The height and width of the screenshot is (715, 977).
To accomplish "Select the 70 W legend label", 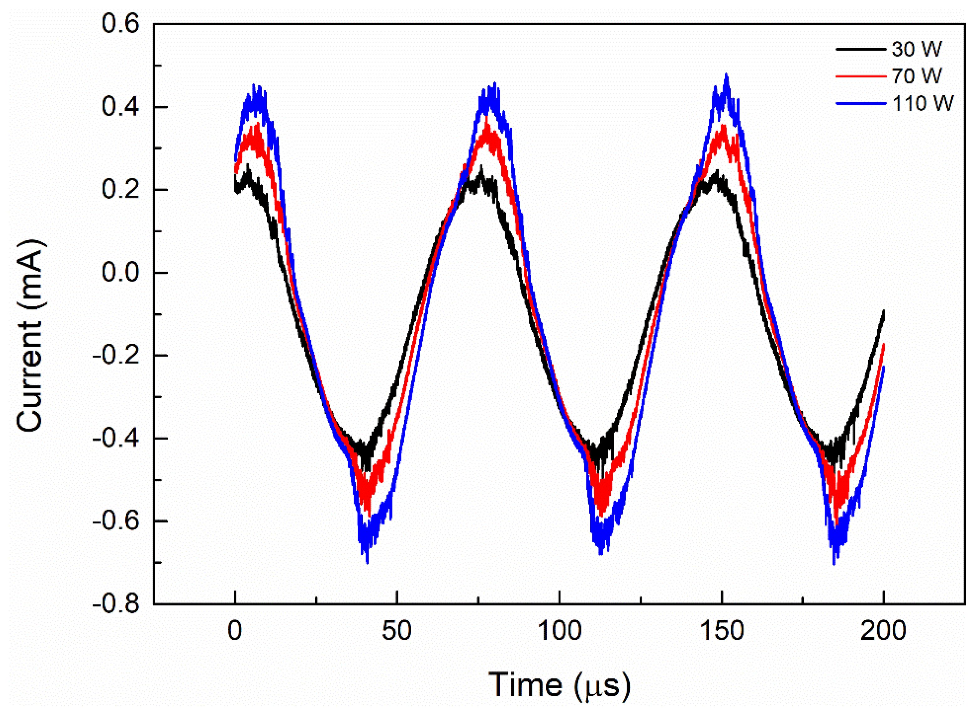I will click(916, 76).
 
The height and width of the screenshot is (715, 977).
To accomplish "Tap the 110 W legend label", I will click(922, 103).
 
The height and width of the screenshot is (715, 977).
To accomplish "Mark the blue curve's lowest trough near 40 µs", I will click(367, 562).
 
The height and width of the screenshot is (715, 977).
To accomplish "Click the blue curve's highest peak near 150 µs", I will click(726, 74).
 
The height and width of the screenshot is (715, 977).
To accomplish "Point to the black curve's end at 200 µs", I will click(884, 311).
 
